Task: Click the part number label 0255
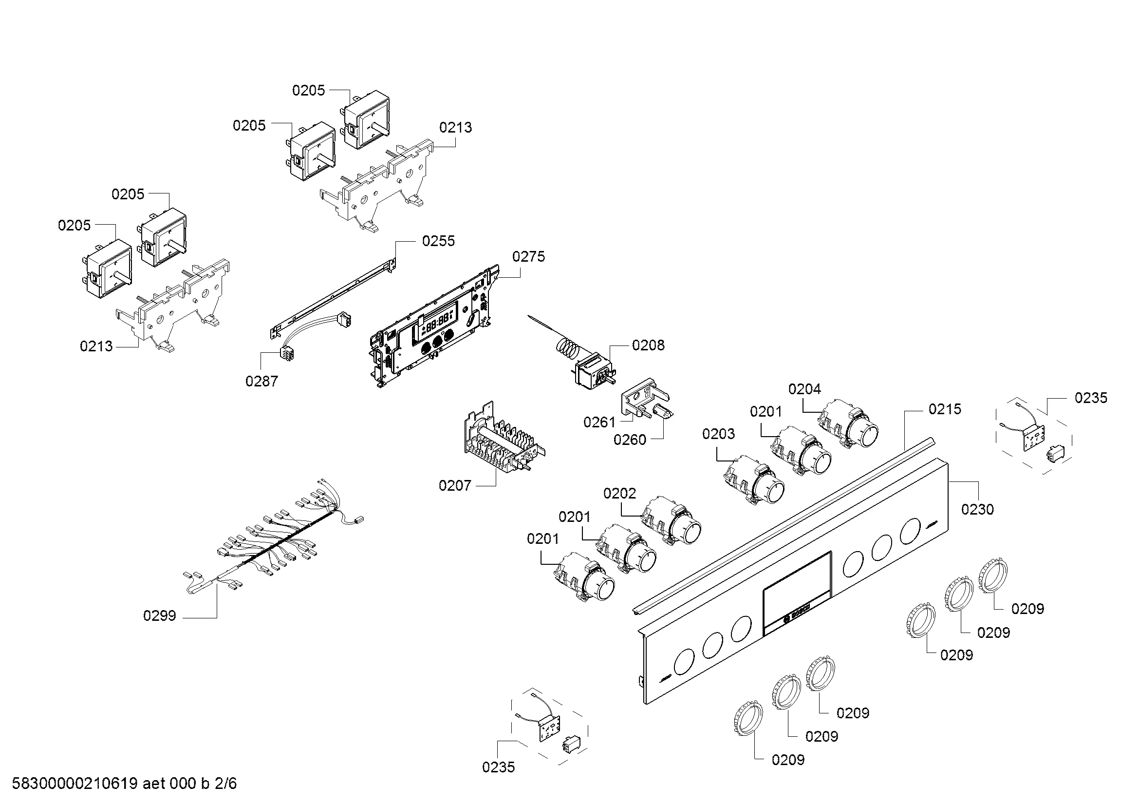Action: click(x=438, y=241)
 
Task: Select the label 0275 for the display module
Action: click(x=528, y=257)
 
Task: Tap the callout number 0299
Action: click(x=159, y=616)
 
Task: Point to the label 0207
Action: click(x=454, y=485)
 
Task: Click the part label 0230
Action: click(x=977, y=509)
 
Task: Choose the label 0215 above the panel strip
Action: click(x=945, y=409)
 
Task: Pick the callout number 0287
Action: click(x=261, y=381)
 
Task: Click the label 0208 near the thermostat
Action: click(x=648, y=345)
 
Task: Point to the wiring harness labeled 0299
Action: click(x=278, y=546)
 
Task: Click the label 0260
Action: click(x=630, y=440)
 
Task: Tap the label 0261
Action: click(x=599, y=422)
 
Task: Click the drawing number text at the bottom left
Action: click(x=124, y=784)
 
